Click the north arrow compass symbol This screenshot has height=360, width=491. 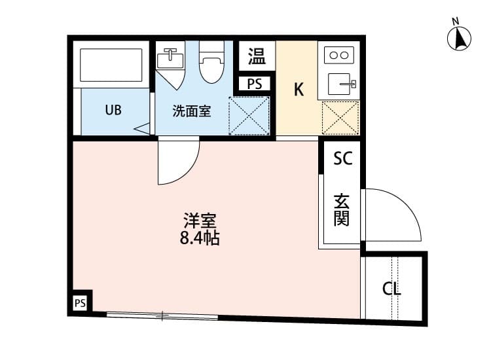click(460, 37)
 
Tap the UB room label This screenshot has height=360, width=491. click(113, 109)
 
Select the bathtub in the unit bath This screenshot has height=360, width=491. click(111, 65)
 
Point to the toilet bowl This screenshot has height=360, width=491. click(211, 66)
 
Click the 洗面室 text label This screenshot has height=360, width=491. click(191, 111)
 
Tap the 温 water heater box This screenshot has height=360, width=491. click(257, 56)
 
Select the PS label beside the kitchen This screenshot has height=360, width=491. click(255, 84)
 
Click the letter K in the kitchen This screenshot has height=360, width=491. click(299, 90)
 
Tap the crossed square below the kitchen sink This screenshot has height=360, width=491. click(340, 118)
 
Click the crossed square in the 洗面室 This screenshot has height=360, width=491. click(249, 116)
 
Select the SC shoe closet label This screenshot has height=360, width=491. click(342, 158)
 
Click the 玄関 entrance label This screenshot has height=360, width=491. click(342, 209)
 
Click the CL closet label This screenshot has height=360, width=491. click(391, 289)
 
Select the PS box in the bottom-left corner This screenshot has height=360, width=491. click(80, 302)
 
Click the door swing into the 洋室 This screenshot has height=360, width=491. click(178, 162)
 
